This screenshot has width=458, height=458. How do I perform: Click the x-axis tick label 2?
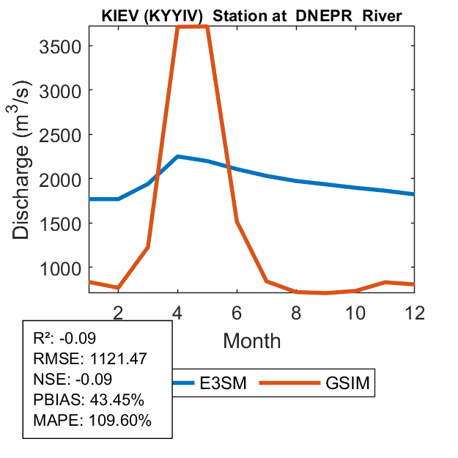tap(119, 311)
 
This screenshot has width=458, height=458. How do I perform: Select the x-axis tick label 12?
tap(414, 311)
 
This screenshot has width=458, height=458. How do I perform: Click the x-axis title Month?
tap(252, 340)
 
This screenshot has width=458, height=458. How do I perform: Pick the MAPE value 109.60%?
tap(122, 421)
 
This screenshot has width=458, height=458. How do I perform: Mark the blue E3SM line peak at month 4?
tap(178, 157)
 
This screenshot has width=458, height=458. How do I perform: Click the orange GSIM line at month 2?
tap(119, 288)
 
